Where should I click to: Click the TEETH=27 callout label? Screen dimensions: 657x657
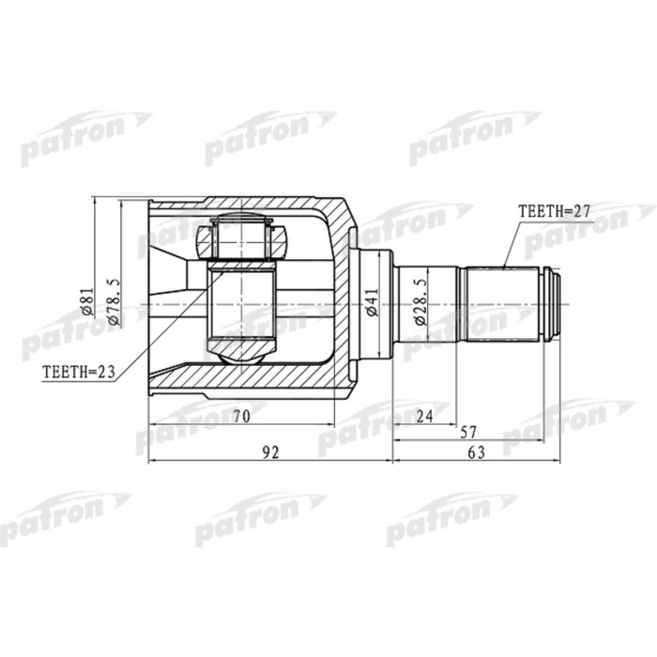pos(554,213)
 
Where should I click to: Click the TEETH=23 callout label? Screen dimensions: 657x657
pos(78,372)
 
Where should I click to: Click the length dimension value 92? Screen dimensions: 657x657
pos(269,453)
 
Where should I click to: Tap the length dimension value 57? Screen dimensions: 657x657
pos(468,433)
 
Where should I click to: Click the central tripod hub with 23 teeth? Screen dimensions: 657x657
pos(240,306)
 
